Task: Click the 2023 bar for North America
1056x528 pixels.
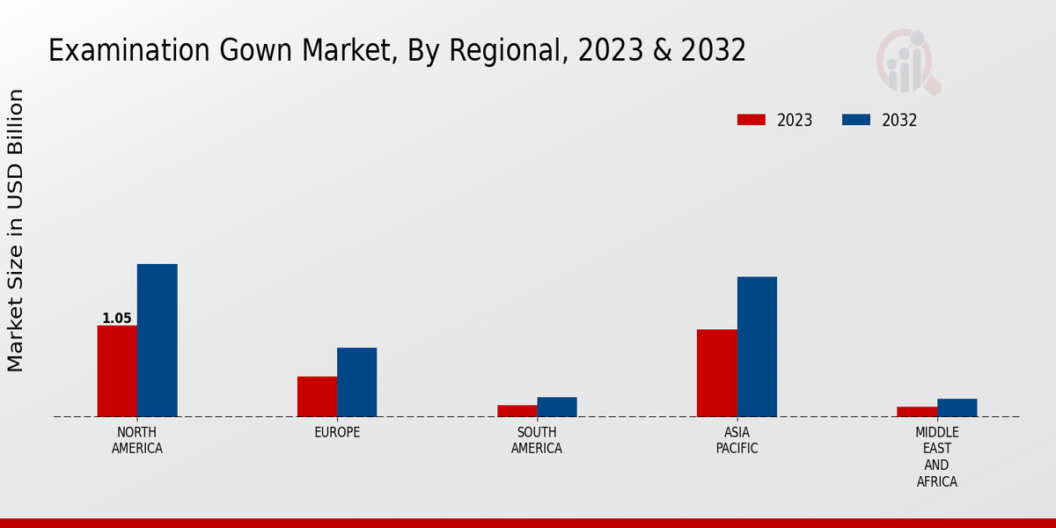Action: tap(117, 370)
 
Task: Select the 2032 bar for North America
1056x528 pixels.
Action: tap(157, 340)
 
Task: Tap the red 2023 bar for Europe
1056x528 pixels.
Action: tap(317, 396)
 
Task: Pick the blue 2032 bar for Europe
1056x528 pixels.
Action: tap(356, 382)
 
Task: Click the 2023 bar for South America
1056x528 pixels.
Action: tap(517, 410)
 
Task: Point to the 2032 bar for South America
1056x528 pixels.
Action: tap(557, 407)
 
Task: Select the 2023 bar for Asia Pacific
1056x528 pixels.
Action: tap(716, 372)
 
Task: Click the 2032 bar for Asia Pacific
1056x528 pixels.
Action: tap(757, 347)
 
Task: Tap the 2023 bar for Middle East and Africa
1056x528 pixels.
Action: tap(917, 411)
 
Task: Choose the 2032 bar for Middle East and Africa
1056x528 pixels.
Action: tap(957, 407)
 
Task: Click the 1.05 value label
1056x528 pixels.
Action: tap(117, 319)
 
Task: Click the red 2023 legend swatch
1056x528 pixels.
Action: tap(752, 120)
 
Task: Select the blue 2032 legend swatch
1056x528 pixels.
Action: tap(856, 120)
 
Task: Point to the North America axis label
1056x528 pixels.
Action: tap(137, 440)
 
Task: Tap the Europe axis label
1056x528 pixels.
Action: tap(337, 432)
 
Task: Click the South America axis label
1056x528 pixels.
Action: tap(537, 440)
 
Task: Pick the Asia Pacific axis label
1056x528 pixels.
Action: tap(737, 440)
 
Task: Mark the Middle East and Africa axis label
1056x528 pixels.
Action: tap(937, 457)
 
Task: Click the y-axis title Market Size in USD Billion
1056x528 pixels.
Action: tap(16, 231)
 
